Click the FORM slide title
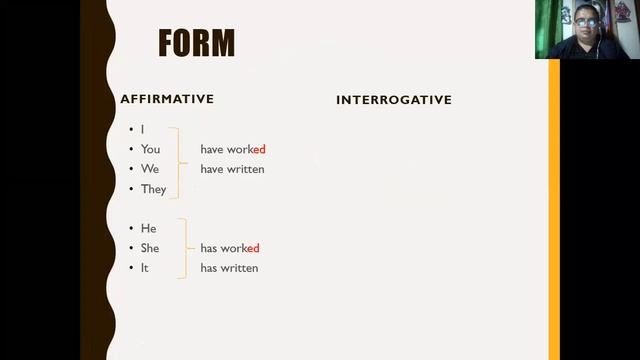pos(196,43)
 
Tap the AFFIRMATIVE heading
pos(167,99)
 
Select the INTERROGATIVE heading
pos(394,100)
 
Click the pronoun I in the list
pos(143,130)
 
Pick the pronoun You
pos(150,149)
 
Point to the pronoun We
pos(150,169)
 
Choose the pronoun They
pos(153,189)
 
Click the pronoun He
pos(148,228)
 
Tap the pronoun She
pos(150,248)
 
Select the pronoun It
pos(145,268)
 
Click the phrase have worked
pos(232,149)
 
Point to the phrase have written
pos(232,169)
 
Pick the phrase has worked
pos(229,248)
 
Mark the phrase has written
pos(229,268)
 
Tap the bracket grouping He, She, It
pos(184,248)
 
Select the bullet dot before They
pos(131,189)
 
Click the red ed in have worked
pos(258,149)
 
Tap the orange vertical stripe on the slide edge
pos(554,200)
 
